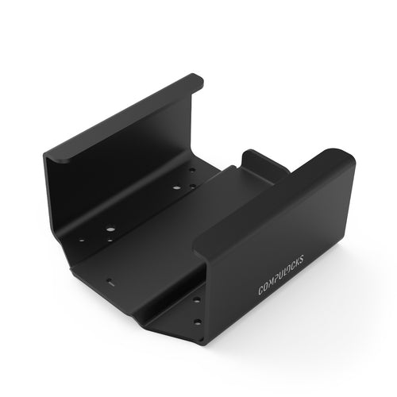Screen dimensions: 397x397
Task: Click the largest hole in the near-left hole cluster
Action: (110, 230)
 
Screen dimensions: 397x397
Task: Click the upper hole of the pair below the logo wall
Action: (196, 300)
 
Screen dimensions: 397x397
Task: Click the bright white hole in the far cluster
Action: (175, 188)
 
